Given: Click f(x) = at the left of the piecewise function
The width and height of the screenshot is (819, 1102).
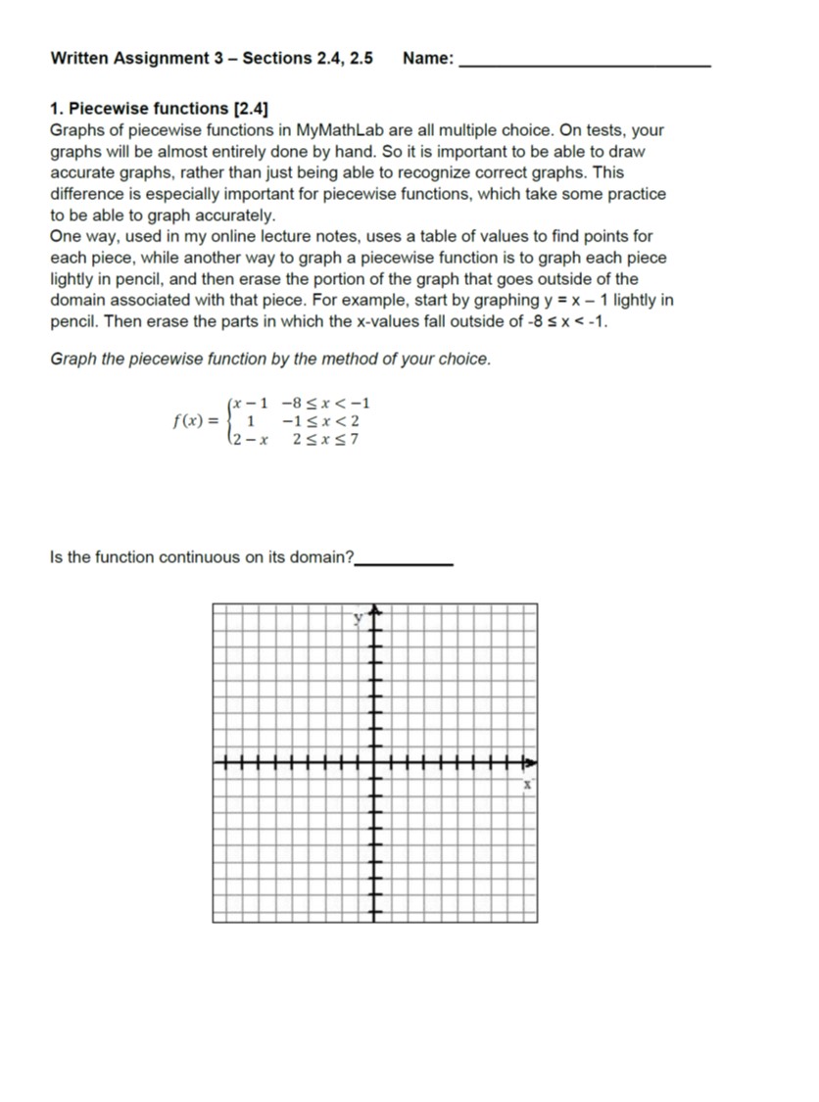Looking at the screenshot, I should [x=196, y=422].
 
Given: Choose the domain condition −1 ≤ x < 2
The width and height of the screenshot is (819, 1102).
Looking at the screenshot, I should [x=320, y=421].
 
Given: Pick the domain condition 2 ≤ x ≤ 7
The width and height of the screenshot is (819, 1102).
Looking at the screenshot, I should [x=325, y=439].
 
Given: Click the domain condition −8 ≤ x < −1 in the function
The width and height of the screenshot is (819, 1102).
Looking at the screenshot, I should [x=325, y=404].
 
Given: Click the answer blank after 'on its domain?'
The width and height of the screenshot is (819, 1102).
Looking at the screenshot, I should [x=404, y=560].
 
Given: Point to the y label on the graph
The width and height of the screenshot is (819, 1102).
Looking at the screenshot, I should [x=359, y=618].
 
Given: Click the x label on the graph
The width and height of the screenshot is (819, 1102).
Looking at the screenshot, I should [x=526, y=785].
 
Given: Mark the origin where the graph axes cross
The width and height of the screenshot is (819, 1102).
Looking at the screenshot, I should [x=372, y=762].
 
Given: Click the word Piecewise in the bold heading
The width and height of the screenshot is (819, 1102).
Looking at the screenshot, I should [x=99, y=109].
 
